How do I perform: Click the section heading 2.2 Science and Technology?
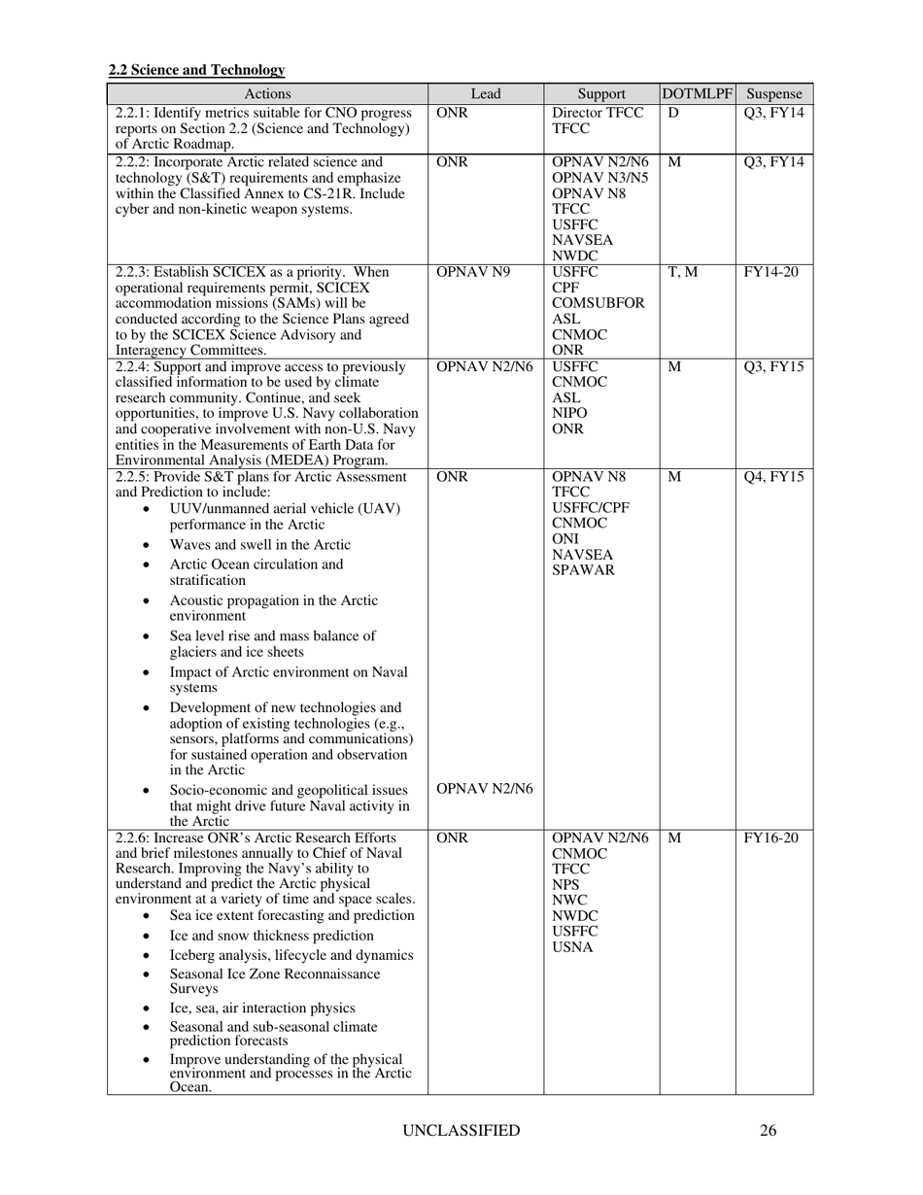coord(196,70)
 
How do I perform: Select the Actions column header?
coord(267,94)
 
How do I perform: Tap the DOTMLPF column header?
coord(697,94)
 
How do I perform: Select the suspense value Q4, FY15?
coord(773,478)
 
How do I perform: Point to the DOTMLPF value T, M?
coord(682,272)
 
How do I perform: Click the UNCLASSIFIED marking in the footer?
coord(461,1131)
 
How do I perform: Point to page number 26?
coord(768,1131)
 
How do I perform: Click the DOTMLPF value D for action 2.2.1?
coord(672,113)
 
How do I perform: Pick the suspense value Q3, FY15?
coord(773,367)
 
